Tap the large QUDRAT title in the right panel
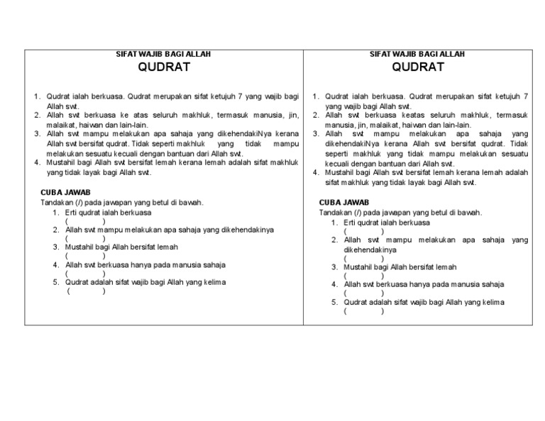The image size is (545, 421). tap(418, 68)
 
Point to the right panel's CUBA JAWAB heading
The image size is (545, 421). tap(345, 203)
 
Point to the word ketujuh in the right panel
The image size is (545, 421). tap(504, 96)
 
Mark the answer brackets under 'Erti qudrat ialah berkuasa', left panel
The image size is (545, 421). tap(85, 220)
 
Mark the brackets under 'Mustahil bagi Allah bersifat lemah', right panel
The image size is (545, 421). tap(363, 276)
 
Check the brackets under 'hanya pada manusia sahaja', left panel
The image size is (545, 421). tap(85, 274)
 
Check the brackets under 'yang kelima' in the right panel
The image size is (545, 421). tap(363, 311)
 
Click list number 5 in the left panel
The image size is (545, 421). tap(55, 282)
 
